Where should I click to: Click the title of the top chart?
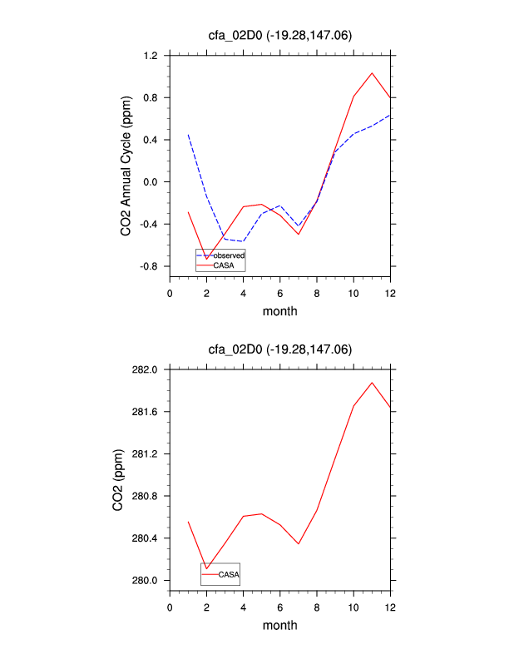coord(280,34)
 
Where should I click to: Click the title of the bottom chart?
coord(280,348)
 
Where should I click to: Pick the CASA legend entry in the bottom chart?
coord(229,574)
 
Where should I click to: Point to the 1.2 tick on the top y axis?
coord(151,56)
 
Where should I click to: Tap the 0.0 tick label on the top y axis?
coord(151,182)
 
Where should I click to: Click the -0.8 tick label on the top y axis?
coord(150,266)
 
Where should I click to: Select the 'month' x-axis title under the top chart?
coord(280,312)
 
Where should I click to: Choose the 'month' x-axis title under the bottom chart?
coord(280,626)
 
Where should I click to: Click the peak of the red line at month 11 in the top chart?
coord(372,72)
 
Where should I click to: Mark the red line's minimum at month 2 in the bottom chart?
coord(206,569)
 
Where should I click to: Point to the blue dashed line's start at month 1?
coord(189,134)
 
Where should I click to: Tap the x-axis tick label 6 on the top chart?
coord(280,293)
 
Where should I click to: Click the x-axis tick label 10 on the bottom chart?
coord(353,607)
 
